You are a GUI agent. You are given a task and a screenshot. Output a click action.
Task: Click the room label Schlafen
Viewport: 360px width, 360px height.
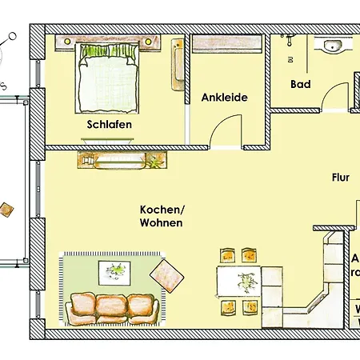click(110, 125)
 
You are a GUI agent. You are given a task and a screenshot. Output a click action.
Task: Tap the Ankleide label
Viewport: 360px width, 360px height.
click(224, 98)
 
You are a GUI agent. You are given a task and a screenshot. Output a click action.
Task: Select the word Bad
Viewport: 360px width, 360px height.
click(301, 84)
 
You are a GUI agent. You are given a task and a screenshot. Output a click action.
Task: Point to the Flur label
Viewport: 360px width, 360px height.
click(342, 178)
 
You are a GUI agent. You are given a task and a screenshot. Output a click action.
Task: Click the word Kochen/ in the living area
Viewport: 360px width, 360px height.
click(162, 209)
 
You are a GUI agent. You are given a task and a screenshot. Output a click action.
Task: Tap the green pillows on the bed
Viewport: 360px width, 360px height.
click(109, 52)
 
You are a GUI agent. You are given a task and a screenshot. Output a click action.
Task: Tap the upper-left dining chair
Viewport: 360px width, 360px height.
click(227, 256)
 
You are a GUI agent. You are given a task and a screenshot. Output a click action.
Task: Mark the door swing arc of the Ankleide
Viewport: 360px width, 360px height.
click(227, 128)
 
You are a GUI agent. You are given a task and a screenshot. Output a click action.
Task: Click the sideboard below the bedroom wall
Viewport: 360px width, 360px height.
click(123, 160)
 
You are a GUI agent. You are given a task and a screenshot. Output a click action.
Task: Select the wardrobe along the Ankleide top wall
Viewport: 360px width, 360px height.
click(227, 45)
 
